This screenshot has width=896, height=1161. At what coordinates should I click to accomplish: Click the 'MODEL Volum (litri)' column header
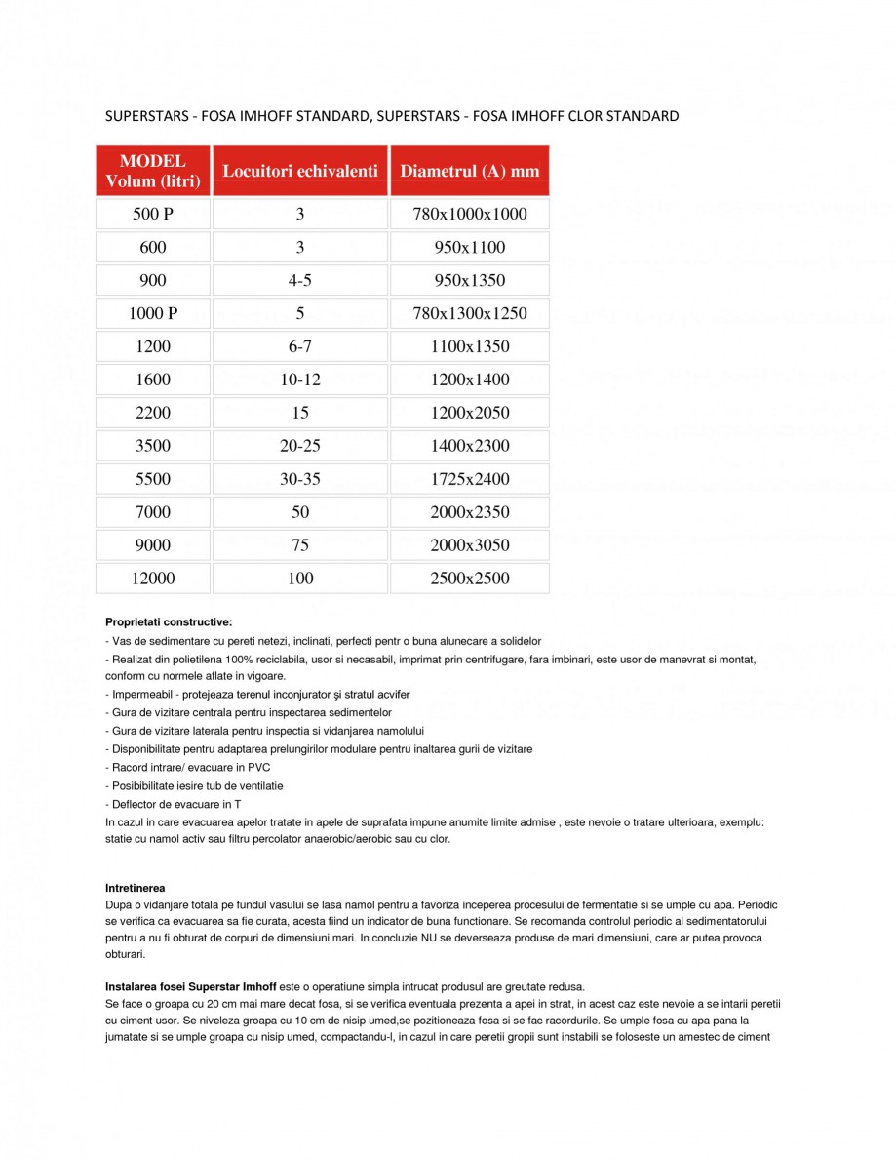tap(153, 171)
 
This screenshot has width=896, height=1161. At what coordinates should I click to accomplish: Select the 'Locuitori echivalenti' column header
tap(300, 171)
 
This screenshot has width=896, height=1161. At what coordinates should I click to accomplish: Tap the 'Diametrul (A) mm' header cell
tap(469, 171)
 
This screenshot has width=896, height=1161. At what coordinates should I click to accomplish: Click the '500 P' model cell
tap(153, 214)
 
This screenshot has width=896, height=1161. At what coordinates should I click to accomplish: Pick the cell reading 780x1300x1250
tap(469, 313)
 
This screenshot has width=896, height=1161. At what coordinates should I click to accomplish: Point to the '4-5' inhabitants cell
tap(300, 280)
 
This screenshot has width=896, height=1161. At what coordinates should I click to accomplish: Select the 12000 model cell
tap(153, 579)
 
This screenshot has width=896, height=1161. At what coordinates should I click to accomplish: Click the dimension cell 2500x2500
tap(469, 579)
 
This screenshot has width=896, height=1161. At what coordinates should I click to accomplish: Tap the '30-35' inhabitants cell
tap(300, 479)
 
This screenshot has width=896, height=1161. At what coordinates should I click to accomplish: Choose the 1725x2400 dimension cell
tap(469, 479)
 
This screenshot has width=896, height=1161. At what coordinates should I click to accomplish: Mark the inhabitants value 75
tap(300, 545)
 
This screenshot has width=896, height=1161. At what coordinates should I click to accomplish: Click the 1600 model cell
tap(153, 380)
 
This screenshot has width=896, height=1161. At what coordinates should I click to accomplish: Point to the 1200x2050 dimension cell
tap(469, 413)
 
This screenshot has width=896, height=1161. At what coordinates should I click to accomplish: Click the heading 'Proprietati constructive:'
tap(169, 621)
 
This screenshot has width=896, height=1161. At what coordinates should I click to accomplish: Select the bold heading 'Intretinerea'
tap(136, 887)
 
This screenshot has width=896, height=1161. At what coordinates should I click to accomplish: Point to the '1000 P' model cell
tap(153, 313)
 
